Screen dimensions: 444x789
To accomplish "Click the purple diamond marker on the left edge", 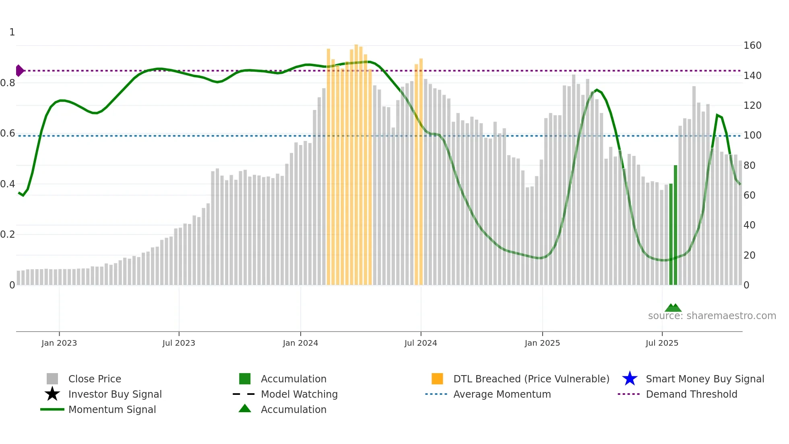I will [19, 71].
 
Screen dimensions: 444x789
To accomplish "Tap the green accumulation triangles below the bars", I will [673, 308].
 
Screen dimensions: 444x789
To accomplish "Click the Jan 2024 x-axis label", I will [300, 343].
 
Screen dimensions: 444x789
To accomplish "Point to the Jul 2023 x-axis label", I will [179, 343].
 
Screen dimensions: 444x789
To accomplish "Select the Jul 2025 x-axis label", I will [662, 343].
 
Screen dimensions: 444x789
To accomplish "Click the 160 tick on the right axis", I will [752, 46].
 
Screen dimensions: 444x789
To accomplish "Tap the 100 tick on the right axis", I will [752, 135].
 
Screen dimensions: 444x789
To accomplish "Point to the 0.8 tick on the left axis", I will [8, 83].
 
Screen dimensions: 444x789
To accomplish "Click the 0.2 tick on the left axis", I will [8, 234].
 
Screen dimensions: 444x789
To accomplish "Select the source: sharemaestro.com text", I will [712, 316].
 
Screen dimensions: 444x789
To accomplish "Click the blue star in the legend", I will [630, 379].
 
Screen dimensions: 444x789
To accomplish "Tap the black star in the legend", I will [52, 394].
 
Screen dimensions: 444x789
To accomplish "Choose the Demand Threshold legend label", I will [691, 394].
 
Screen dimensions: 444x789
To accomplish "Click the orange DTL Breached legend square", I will [437, 379].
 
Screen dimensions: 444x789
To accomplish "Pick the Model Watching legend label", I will [299, 394].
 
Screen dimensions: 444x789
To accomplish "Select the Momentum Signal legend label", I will [112, 409].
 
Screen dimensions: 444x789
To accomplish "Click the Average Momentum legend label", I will [502, 394].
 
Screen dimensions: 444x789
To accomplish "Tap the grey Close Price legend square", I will [52, 379].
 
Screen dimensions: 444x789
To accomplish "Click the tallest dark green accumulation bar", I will [675, 226].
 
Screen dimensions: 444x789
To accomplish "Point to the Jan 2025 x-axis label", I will [542, 343].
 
